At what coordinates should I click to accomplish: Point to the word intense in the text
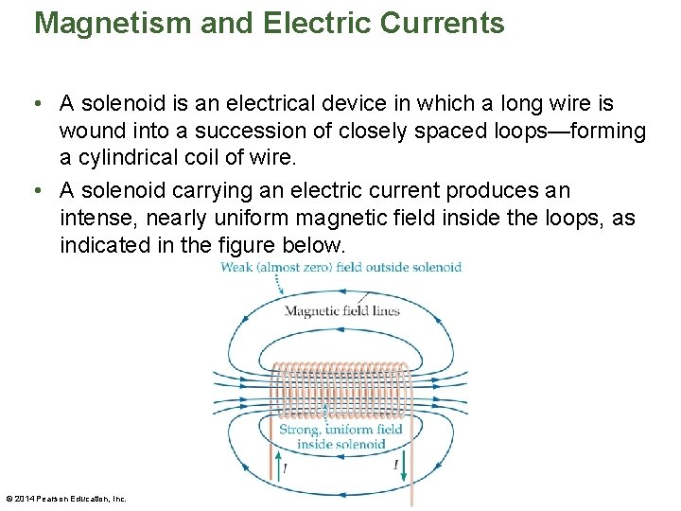click(92, 220)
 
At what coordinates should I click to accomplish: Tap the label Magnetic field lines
click(341, 310)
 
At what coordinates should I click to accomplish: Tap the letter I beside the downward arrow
click(395, 465)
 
